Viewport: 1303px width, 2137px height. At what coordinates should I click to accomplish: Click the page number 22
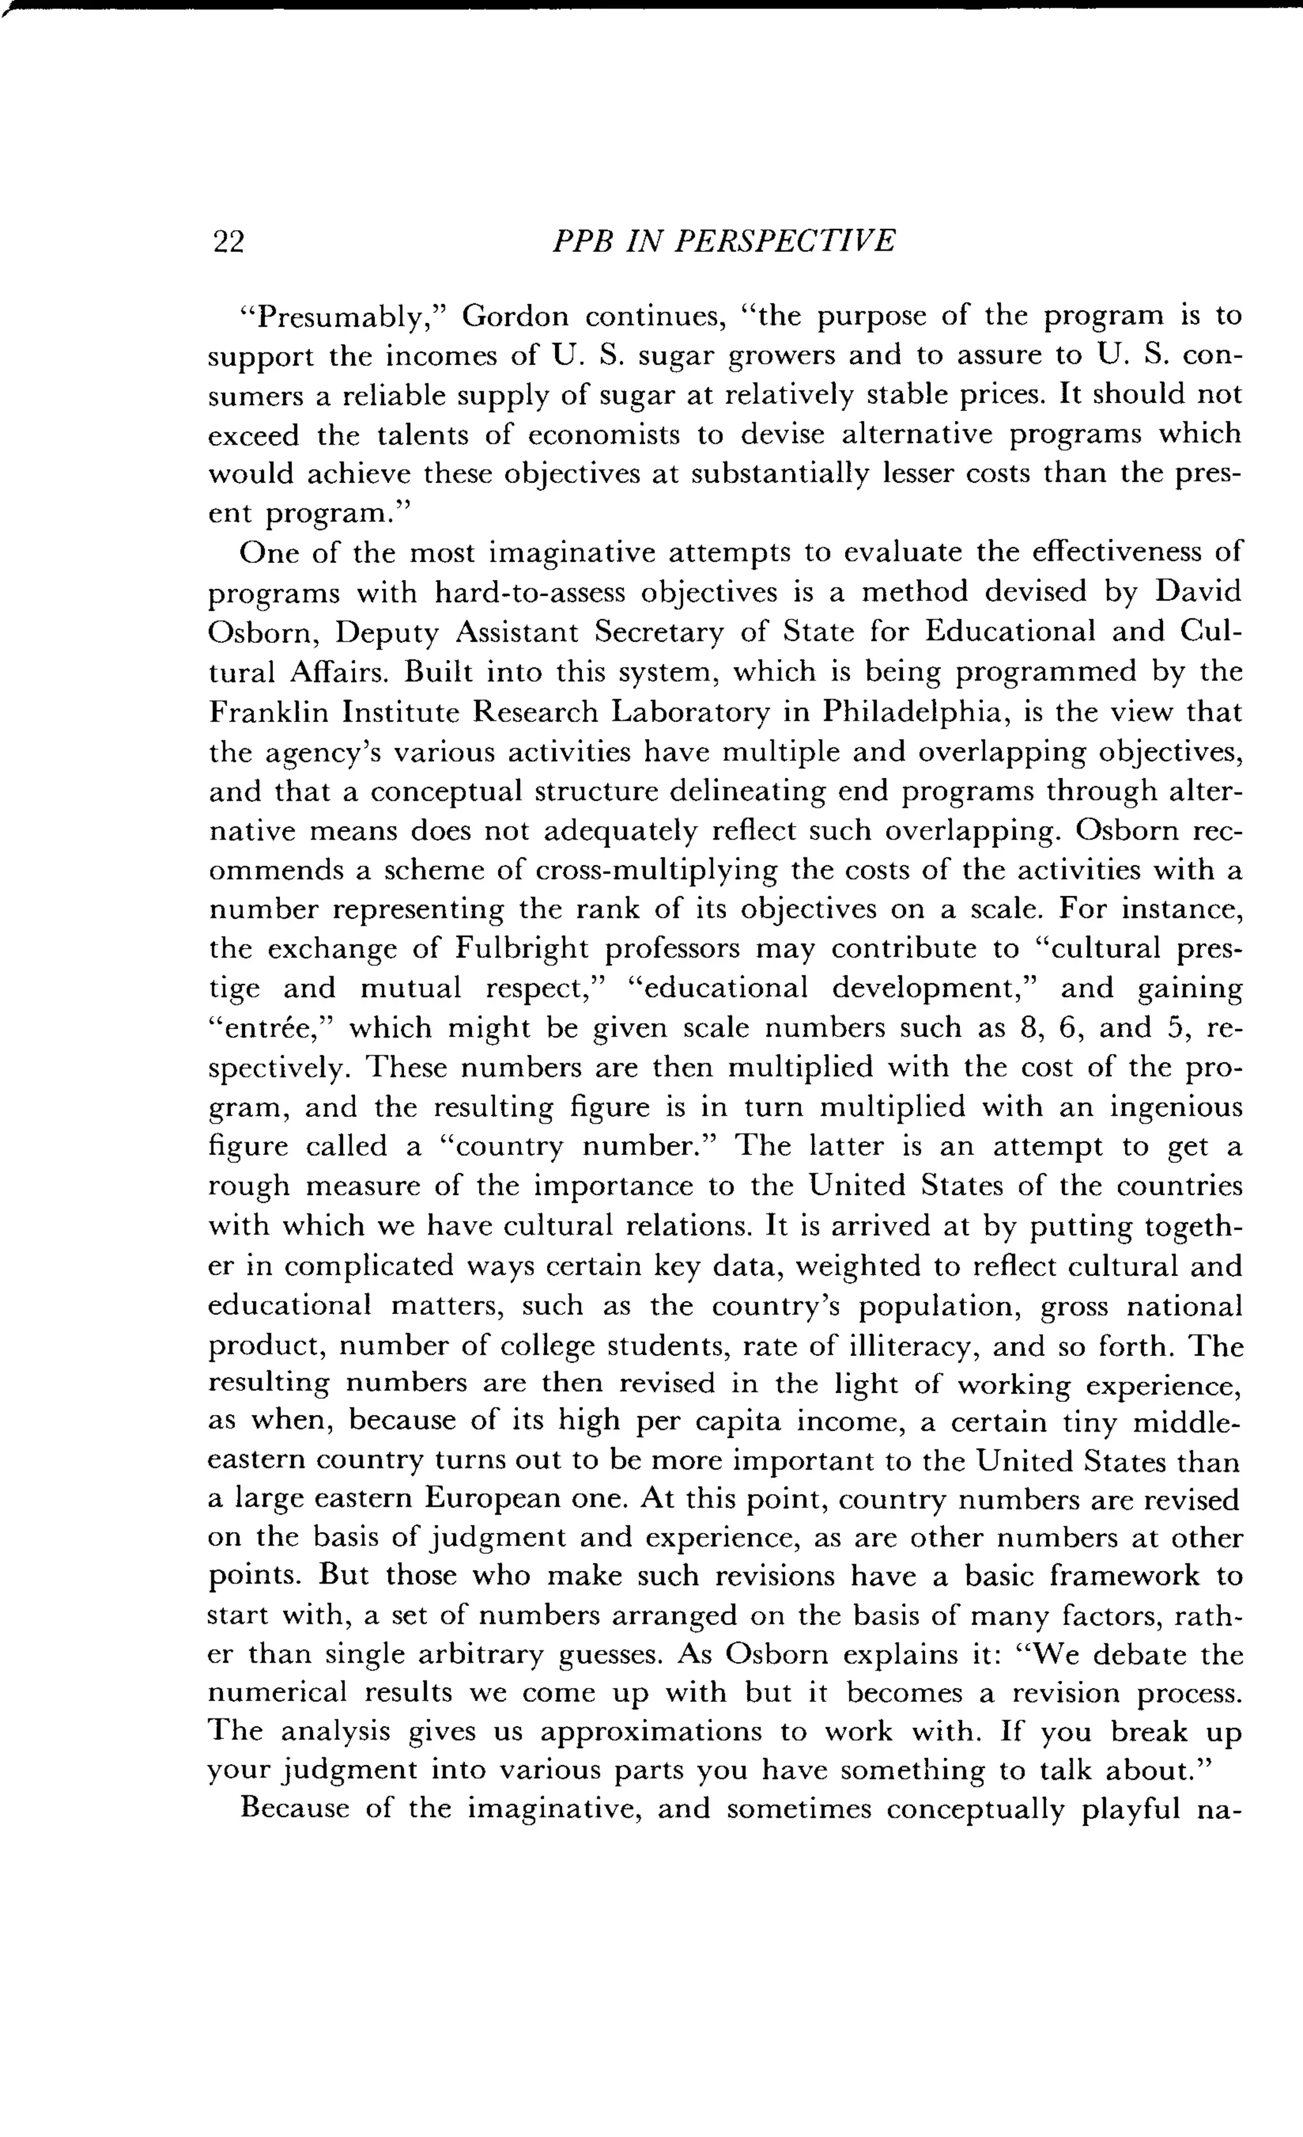click(228, 242)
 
